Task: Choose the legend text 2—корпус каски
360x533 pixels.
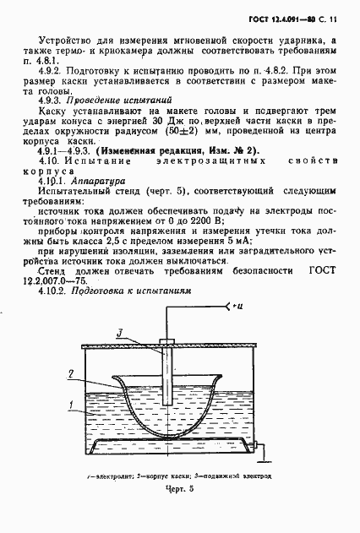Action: pos(167,476)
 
